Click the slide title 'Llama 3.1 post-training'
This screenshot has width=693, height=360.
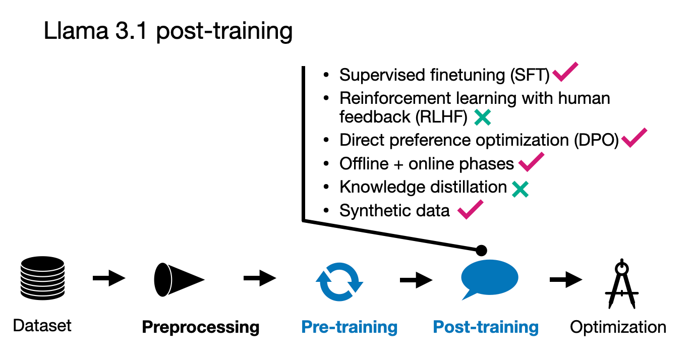[x=168, y=31]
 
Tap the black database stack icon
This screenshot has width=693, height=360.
[x=42, y=278]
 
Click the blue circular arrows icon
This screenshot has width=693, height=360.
[x=339, y=279]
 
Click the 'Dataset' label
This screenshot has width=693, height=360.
[x=42, y=326]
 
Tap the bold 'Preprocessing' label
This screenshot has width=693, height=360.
[x=201, y=327]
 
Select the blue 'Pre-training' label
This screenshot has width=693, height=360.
[x=349, y=327]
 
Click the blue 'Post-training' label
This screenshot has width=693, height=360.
[x=486, y=327]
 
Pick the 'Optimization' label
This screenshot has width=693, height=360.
[x=618, y=327]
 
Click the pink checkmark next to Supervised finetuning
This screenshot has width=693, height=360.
[x=565, y=72]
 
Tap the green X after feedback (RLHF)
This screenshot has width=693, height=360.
[x=482, y=117]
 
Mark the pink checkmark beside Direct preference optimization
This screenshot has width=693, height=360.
[x=634, y=138]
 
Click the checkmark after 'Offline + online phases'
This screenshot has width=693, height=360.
[x=531, y=162]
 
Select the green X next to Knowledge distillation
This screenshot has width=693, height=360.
[x=520, y=189]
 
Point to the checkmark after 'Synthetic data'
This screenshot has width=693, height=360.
[x=470, y=209]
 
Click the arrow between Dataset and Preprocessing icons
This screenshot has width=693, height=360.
[x=109, y=278]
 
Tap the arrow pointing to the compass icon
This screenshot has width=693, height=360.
[x=566, y=279]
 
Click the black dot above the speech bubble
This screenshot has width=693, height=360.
[x=481, y=250]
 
